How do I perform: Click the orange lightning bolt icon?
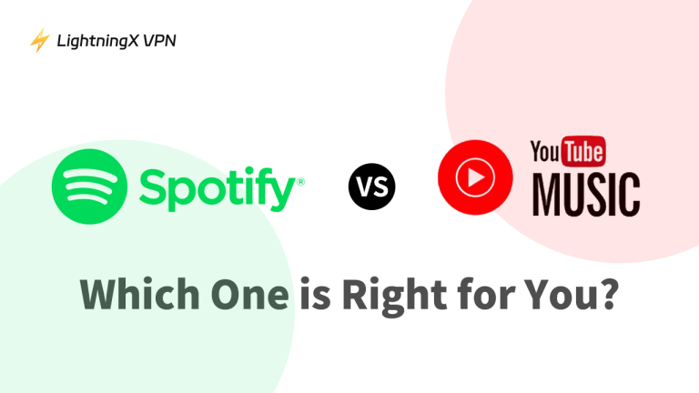(39, 40)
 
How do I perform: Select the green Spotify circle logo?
(90, 186)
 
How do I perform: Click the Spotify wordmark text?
(217, 188)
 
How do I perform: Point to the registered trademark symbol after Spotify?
(300, 182)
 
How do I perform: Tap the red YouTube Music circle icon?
(475, 179)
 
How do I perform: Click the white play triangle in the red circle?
(476, 179)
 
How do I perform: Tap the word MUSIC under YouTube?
(585, 194)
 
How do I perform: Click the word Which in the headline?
(137, 293)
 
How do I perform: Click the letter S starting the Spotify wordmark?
(152, 186)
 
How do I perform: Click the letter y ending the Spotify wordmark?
(282, 193)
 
